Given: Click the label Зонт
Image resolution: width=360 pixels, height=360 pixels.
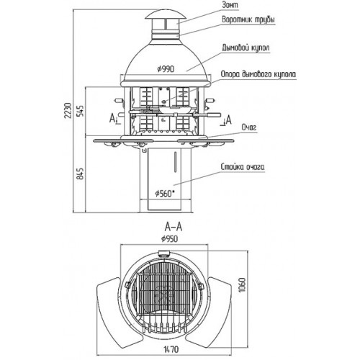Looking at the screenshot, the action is pos(230,5).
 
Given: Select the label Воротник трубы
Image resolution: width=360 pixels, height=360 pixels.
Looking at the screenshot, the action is pos(248,19).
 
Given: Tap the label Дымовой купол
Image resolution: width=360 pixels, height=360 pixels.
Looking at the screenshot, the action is pos(246,48).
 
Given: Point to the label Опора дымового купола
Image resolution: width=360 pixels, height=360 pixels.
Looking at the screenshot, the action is pos(258,74).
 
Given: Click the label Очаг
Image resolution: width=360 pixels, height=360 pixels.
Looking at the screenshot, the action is pos(249,127).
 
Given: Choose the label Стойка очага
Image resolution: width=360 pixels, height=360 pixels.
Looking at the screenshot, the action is pos(243,167).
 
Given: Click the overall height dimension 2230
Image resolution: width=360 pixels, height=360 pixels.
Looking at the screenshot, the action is pos(68,110).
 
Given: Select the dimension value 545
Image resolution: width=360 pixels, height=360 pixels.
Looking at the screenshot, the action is pos(81,111).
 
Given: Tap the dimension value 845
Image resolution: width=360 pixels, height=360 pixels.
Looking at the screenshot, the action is pos(81,174).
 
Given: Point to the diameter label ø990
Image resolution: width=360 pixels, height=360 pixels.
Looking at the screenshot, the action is pos(166,69).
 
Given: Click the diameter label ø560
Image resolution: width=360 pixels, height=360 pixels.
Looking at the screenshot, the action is pos(164,193).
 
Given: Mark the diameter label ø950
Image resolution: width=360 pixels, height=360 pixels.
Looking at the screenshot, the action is pos(169,239).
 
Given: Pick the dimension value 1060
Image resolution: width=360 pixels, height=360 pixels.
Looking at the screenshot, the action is pos(243,285).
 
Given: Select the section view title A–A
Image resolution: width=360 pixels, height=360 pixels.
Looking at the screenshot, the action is pos(174,227).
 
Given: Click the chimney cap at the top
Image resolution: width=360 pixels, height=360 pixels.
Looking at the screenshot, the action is pos(165,15).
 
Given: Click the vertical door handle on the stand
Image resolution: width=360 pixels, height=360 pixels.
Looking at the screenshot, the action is pos(175,162).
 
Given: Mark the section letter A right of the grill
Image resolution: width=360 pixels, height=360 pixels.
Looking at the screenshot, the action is pos(229,120).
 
